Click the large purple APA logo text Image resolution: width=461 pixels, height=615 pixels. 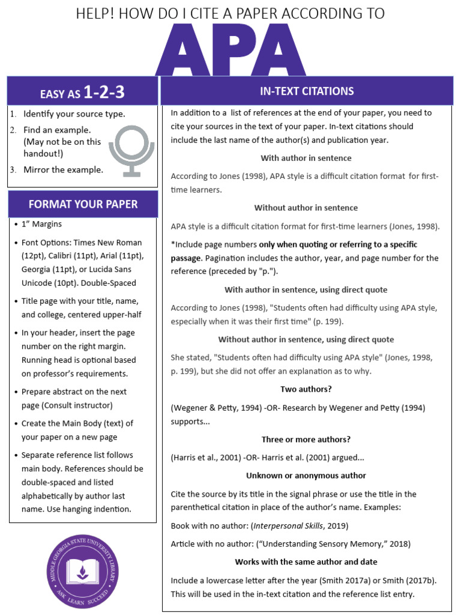tap(230, 50)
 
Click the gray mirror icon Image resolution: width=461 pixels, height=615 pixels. tap(131, 150)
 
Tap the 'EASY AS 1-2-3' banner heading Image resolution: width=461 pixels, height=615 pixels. tap(82, 92)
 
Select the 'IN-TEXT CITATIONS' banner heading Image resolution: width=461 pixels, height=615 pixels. tap(307, 91)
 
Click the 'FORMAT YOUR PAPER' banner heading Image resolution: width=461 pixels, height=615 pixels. tap(83, 204)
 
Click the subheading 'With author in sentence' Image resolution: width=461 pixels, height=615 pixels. tap(306, 158)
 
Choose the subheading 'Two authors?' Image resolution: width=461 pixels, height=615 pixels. tap(306, 389)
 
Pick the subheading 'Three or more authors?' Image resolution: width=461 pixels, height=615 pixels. tap(306, 439)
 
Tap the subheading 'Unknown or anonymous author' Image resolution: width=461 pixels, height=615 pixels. tap(306, 475)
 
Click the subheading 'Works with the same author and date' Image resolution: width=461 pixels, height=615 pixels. tap(306, 562)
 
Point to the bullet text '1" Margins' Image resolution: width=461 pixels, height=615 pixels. tap(41, 224)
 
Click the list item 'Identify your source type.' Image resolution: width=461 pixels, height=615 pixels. tap(74, 114)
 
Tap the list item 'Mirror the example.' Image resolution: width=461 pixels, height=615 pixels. tap(63, 169)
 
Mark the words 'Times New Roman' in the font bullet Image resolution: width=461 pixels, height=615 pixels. tap(112, 243)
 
